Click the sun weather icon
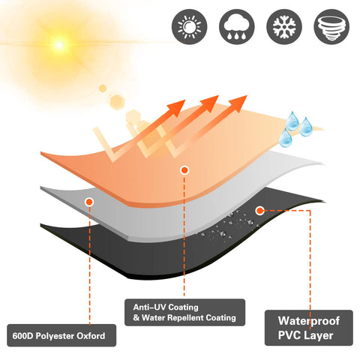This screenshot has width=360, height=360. tap(189, 27)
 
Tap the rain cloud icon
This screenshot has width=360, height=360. tap(237, 27)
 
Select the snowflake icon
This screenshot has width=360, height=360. tap(284, 27)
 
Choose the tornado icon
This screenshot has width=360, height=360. tap(331, 27)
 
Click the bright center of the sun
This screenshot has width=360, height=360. tap(59, 45)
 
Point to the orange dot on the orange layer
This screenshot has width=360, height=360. tap(184, 170)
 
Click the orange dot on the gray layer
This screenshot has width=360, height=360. tap(89, 202)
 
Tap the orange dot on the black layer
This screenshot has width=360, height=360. tap(260, 211)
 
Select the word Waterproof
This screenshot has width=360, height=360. tap(309, 321)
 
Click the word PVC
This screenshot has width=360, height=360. tap(289, 335)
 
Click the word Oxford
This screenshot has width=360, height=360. tap(91, 336)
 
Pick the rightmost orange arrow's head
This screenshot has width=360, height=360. tap(238, 103)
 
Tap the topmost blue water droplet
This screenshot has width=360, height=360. tap(292, 121)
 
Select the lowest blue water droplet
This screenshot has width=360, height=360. tap(286, 138)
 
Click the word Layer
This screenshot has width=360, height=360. tap(318, 336)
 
